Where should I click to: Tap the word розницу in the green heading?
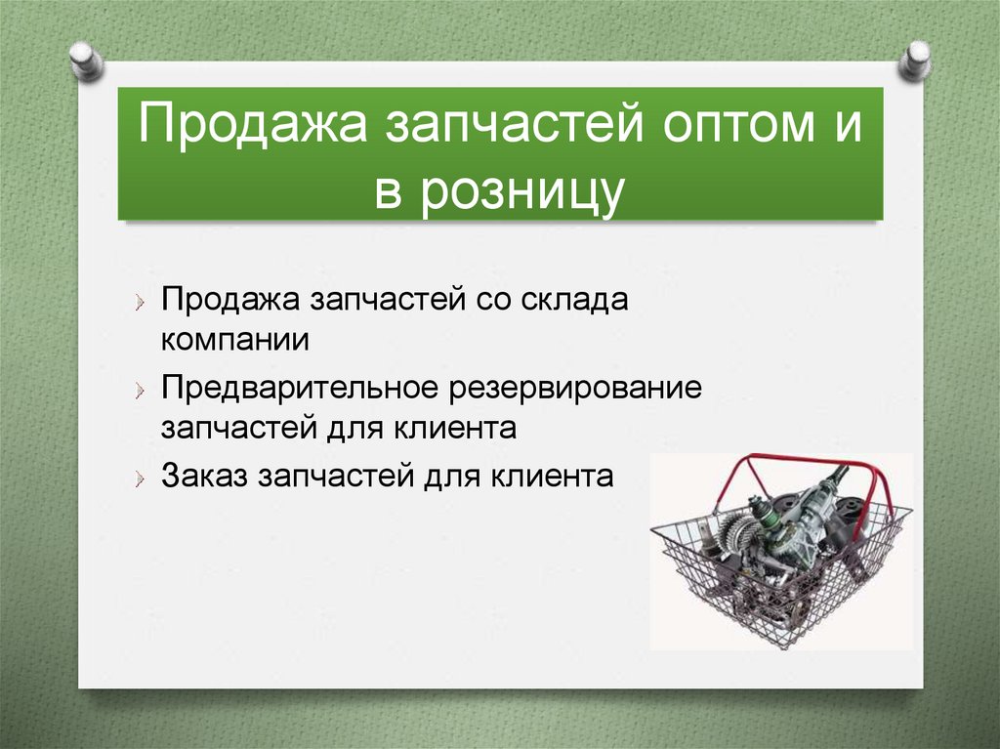click(x=523, y=189)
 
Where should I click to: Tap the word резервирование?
click(x=575, y=387)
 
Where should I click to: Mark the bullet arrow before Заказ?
click(x=142, y=478)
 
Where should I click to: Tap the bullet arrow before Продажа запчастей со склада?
click(x=142, y=302)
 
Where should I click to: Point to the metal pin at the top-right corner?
click(x=916, y=61)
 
